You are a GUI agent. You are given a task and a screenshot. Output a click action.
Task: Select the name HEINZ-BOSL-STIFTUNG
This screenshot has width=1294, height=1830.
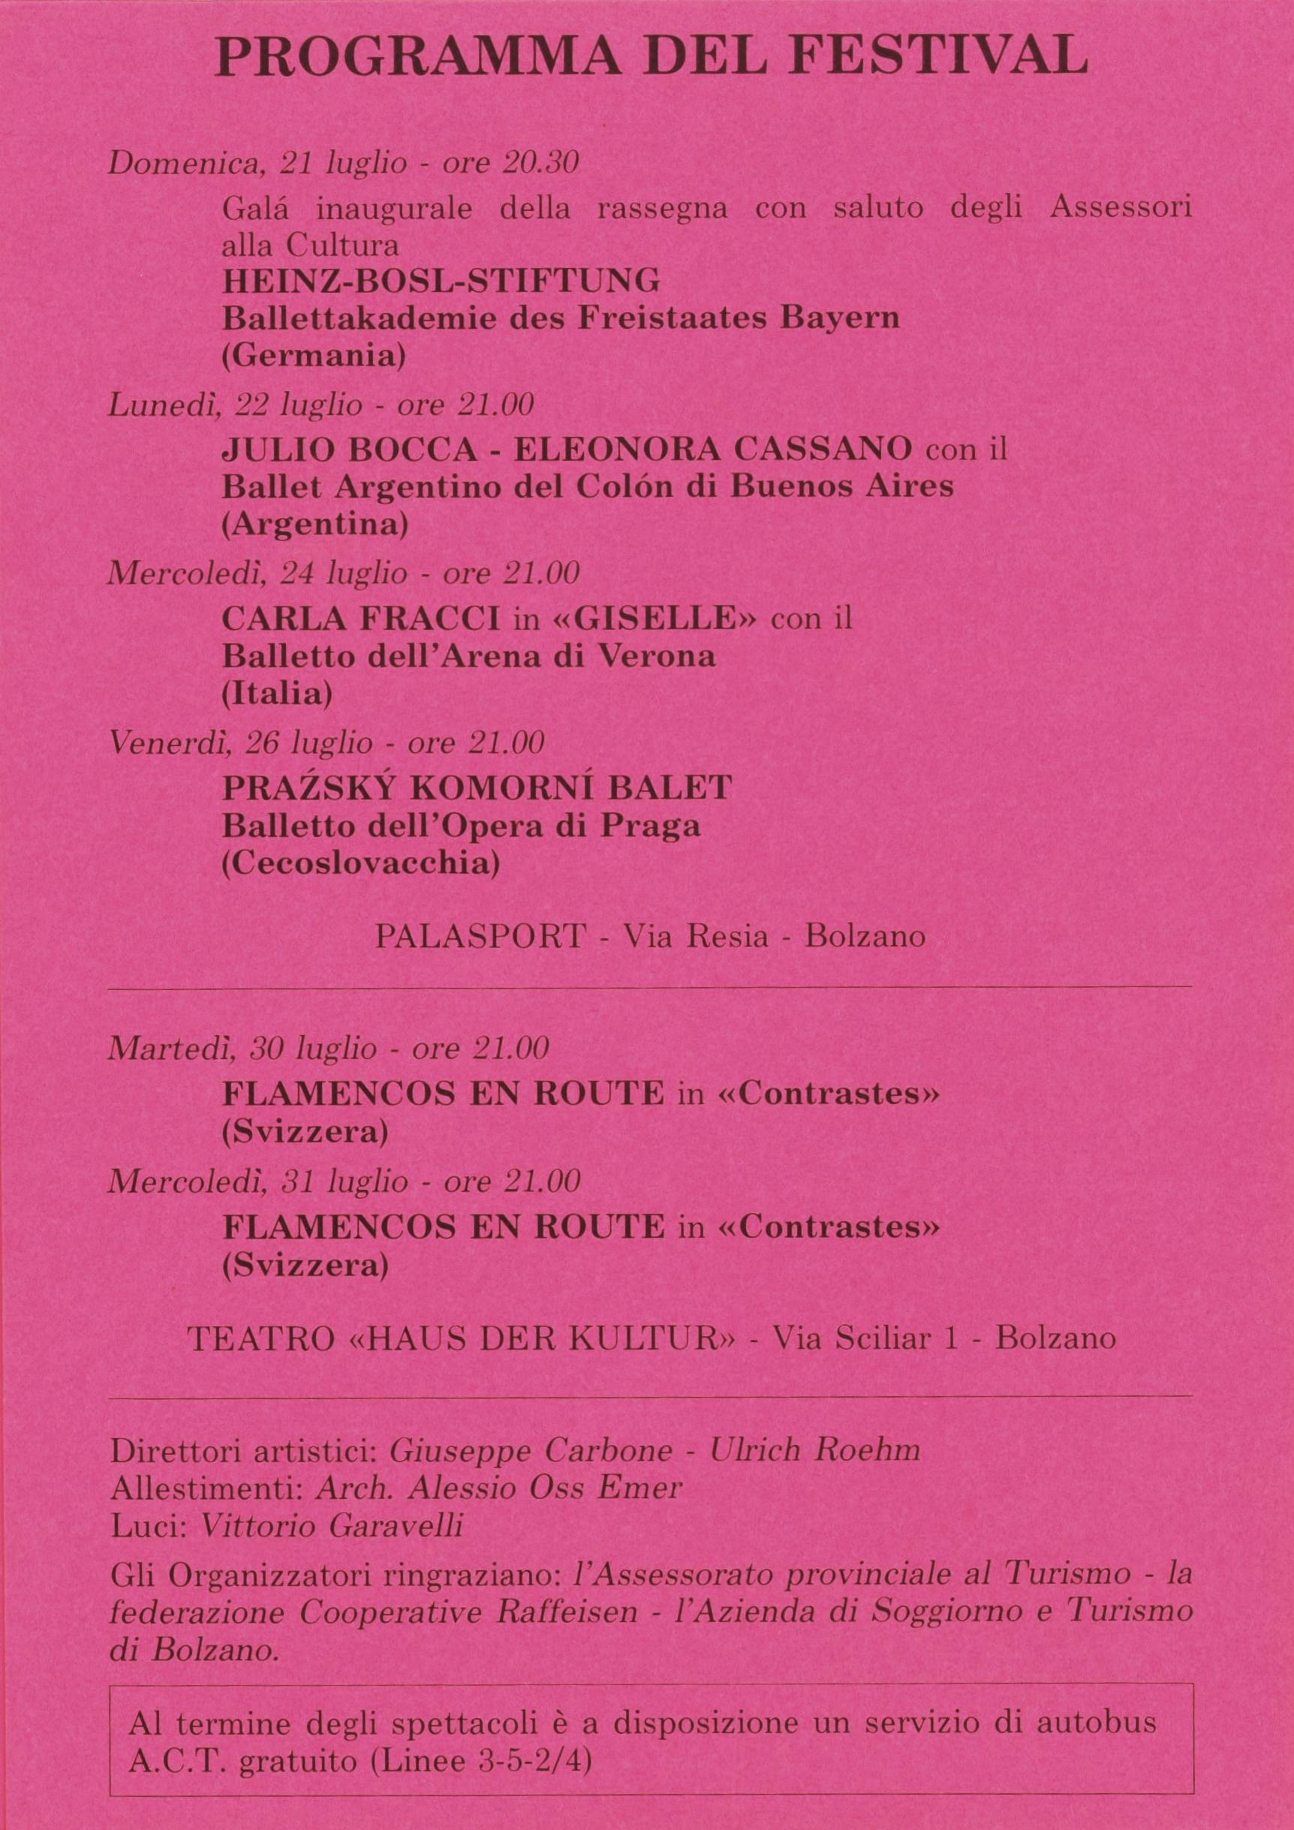pyautogui.click(x=441, y=281)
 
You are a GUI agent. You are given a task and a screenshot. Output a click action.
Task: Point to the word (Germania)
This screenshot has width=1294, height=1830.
pyautogui.click(x=313, y=356)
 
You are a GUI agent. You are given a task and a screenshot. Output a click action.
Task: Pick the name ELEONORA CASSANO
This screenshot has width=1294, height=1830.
pyautogui.click(x=712, y=450)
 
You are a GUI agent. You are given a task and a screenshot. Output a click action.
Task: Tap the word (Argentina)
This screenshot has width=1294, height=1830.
pyautogui.click(x=314, y=525)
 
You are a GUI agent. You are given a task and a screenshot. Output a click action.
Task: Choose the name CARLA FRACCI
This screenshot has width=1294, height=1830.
pyautogui.click(x=360, y=619)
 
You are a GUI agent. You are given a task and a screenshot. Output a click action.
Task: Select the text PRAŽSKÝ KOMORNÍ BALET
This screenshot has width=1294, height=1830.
pyautogui.click(x=477, y=788)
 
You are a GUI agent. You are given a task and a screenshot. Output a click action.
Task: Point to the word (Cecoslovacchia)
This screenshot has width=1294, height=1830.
pyautogui.click(x=360, y=863)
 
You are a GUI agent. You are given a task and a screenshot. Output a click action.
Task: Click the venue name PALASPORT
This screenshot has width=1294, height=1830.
pyautogui.click(x=480, y=935)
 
